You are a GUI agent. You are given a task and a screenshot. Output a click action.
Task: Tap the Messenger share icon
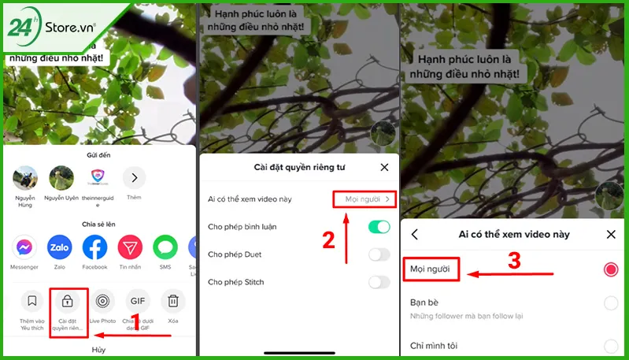25,248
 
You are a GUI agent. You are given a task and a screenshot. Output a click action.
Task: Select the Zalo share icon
60,248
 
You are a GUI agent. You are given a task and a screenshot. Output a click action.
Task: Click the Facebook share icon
94,248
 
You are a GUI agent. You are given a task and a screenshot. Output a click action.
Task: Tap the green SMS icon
165,248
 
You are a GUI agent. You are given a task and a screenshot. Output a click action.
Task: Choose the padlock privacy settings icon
67,301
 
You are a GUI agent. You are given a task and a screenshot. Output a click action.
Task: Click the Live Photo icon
102,301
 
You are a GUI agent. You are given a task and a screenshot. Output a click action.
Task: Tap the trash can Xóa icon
173,301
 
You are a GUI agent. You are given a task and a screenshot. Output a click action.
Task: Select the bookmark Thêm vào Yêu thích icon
31,301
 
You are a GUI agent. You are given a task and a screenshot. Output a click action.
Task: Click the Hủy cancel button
98,349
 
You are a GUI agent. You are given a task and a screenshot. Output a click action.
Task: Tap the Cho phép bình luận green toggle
379,227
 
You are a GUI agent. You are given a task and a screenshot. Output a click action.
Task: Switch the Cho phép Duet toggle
379,254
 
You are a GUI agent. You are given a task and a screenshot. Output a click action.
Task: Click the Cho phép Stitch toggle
379,282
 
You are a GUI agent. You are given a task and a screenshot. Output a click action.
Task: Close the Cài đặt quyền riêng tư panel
384,167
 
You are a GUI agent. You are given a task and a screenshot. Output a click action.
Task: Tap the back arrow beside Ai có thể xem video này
415,234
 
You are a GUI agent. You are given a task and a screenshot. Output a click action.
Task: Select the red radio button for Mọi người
610,269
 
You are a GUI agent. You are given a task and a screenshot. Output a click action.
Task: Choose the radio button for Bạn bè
610,303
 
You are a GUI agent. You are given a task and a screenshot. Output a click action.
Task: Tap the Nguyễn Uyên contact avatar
61,178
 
